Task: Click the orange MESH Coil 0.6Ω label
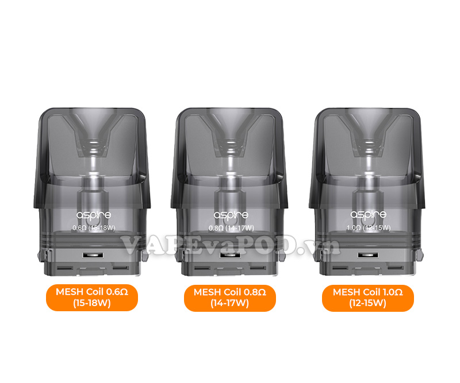tap(92, 297)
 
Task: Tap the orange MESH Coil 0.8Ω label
tap(229, 297)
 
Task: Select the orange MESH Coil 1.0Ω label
tap(368, 297)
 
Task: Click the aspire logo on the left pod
tap(94, 215)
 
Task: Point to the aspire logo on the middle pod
tap(231, 215)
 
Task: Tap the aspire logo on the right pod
tap(368, 215)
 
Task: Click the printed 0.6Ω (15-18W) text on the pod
tap(94, 228)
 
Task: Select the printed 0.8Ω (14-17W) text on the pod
tap(231, 228)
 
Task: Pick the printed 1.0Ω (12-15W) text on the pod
tap(369, 228)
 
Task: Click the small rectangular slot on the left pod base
tap(93, 255)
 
